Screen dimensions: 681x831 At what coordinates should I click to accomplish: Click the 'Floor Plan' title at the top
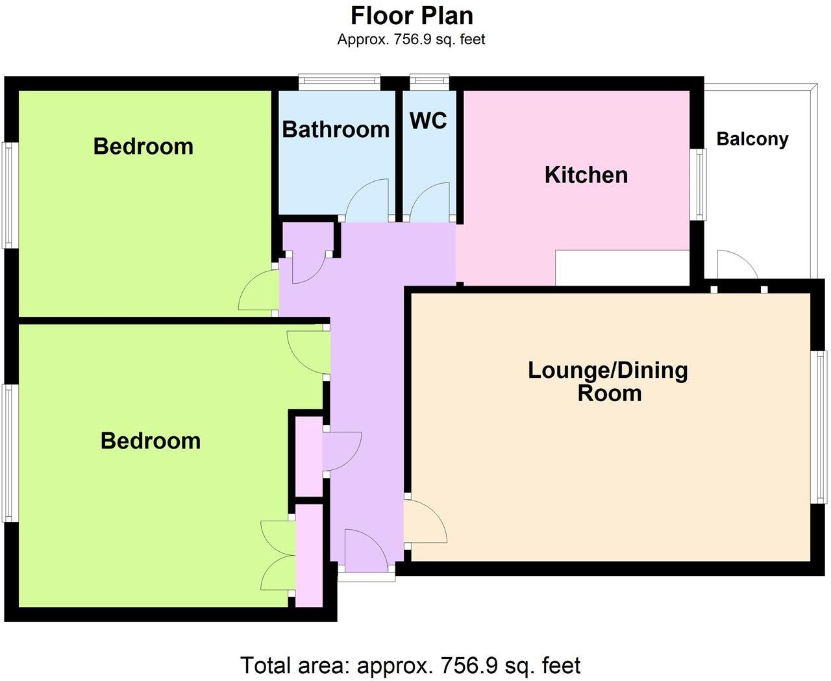[412, 15]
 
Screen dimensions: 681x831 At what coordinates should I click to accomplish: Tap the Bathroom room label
[336, 129]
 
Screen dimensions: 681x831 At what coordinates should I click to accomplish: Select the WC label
[428, 121]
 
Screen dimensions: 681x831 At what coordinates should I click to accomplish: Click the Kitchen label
[586, 175]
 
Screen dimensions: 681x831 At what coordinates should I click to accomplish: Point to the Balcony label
[752, 139]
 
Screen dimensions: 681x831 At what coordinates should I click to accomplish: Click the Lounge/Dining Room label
[608, 381]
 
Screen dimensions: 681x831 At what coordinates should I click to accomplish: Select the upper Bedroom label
[143, 146]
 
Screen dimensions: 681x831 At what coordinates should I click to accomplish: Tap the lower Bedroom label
[150, 441]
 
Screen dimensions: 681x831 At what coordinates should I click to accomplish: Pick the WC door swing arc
[429, 201]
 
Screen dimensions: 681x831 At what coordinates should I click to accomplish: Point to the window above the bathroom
[339, 82]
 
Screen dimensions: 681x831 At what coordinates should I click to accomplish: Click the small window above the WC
[429, 81]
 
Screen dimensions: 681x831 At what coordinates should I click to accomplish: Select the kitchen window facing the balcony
[698, 184]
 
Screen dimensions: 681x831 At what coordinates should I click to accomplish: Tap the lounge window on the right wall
[822, 427]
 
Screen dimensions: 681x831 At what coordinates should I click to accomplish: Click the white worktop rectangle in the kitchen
[621, 267]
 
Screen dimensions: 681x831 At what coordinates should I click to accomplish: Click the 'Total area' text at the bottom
[410, 665]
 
